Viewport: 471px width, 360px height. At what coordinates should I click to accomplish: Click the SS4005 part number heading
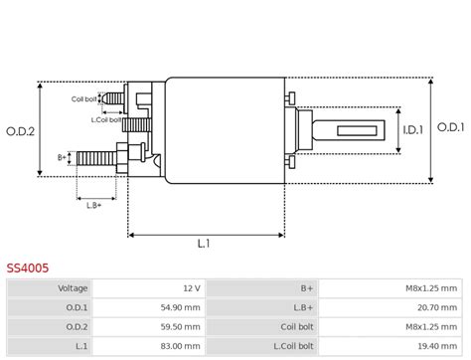[28, 268]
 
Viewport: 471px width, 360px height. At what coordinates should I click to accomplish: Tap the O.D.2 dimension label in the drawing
[20, 130]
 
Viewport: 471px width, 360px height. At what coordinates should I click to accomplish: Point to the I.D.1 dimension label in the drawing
[413, 129]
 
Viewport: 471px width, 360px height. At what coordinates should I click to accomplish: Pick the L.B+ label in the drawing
[94, 205]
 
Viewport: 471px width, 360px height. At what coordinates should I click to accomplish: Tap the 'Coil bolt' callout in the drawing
[84, 98]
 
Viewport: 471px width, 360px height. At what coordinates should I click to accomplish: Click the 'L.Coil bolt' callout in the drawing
[106, 119]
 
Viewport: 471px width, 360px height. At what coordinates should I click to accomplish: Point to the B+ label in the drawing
[62, 157]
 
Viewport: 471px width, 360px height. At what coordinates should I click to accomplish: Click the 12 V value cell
[190, 287]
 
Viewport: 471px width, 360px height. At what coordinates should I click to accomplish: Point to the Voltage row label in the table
[72, 287]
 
